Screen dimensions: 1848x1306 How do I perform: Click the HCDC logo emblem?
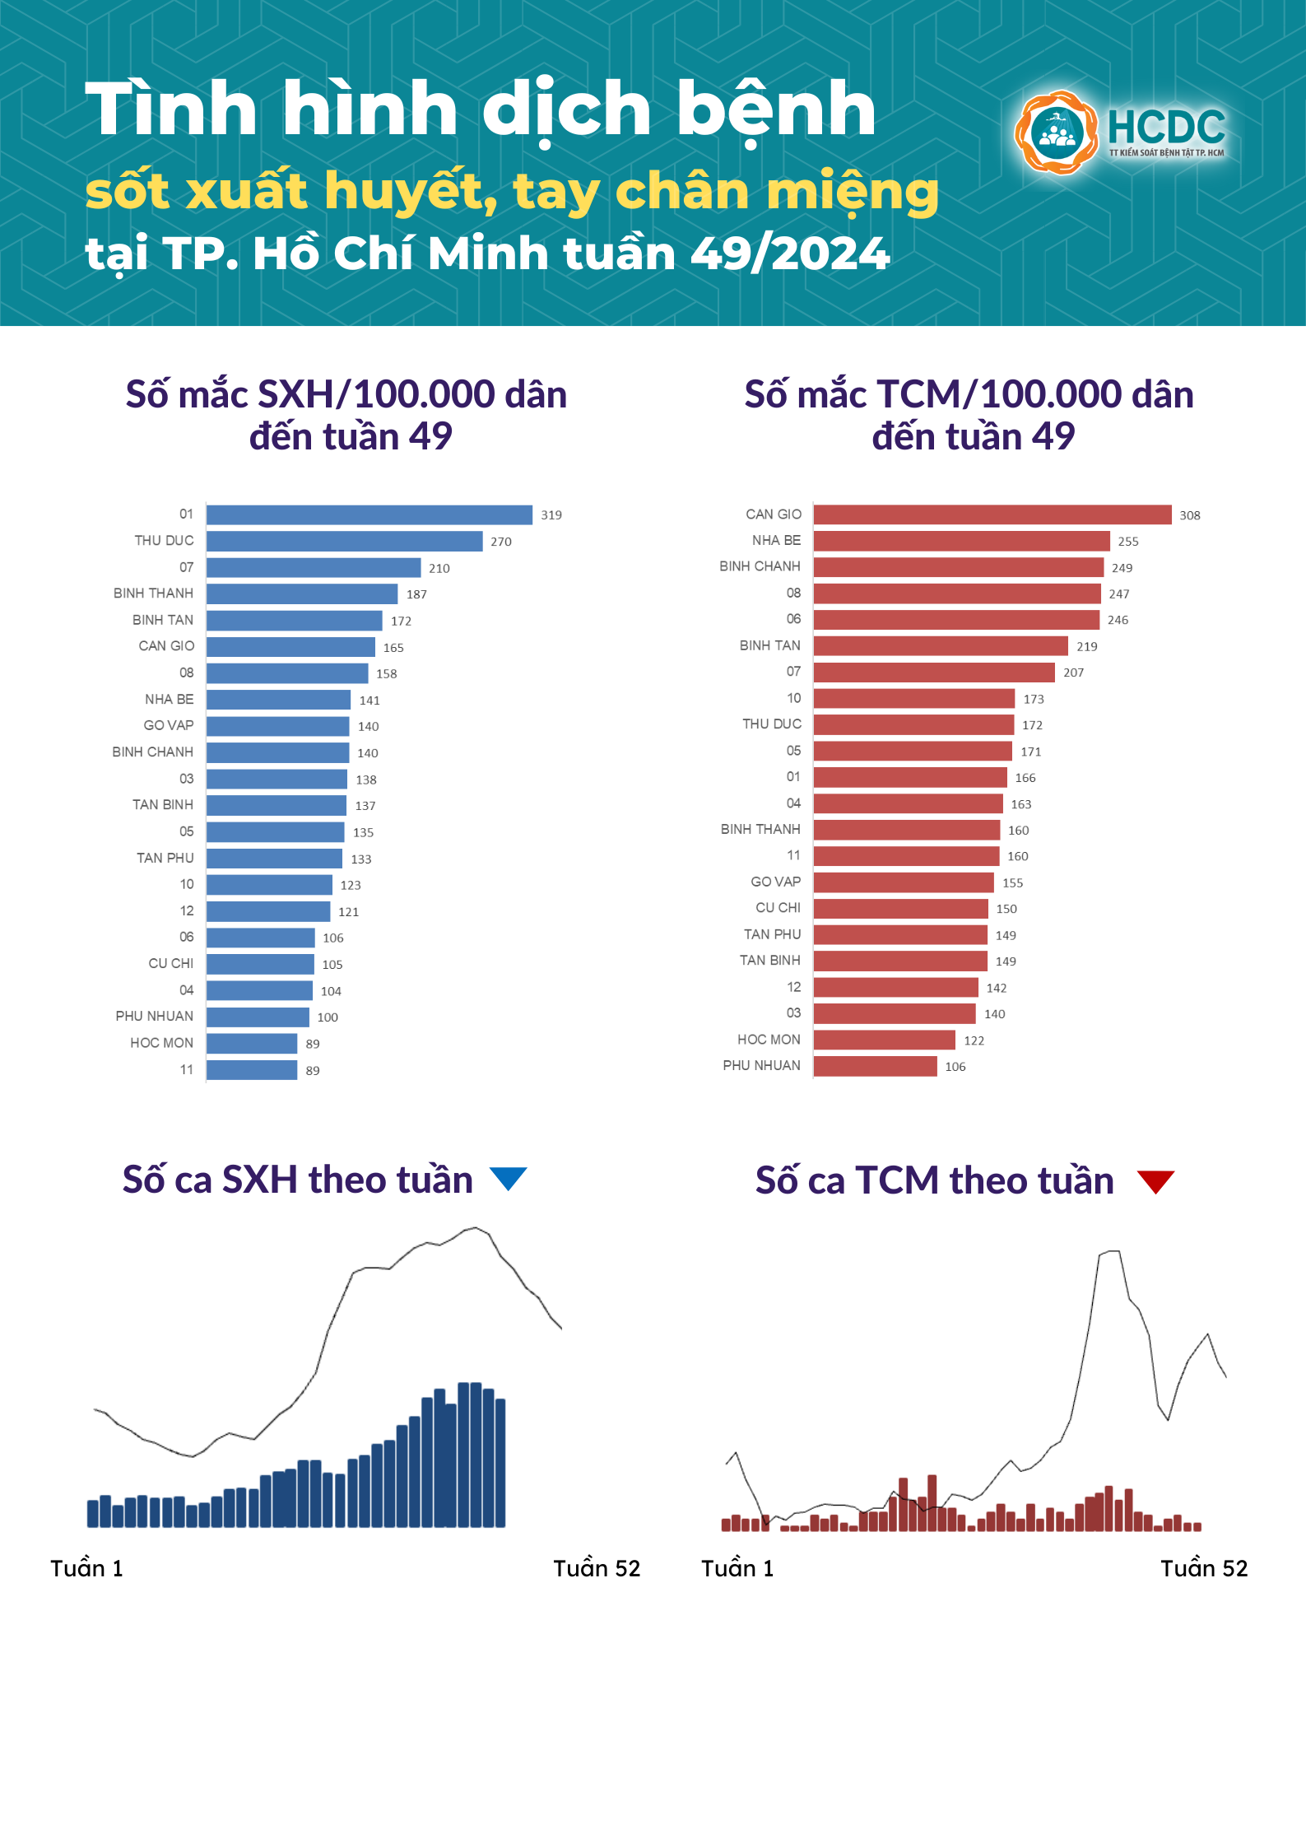pos(1056,133)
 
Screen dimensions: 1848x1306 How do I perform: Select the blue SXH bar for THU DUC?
pos(344,541)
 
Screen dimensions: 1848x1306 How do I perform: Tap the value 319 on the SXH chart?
pos(551,515)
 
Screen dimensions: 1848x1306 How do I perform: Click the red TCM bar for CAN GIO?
pos(992,514)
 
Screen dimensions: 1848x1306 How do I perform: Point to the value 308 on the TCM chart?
pos(1189,515)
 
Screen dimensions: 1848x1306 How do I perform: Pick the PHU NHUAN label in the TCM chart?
pos(761,1065)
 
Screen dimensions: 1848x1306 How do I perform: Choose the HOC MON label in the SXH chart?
pos(161,1043)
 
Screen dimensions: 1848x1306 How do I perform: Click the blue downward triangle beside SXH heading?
pos(508,1178)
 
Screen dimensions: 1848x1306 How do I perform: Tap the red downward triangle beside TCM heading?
pos(1155,1181)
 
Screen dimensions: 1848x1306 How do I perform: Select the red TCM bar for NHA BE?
pos(961,541)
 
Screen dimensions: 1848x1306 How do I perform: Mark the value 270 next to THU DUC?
pos(500,542)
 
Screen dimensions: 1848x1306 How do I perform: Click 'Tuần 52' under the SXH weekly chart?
pos(596,1568)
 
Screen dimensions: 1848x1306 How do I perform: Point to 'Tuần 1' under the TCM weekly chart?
pos(737,1568)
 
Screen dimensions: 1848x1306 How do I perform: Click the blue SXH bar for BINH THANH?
pos(302,594)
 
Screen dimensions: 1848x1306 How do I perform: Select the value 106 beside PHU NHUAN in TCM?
pos(955,1067)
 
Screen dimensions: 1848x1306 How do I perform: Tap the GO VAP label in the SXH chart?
pos(169,725)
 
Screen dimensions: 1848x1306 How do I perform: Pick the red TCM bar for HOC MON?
pos(884,1040)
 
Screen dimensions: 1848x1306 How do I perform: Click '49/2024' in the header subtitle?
pos(790,254)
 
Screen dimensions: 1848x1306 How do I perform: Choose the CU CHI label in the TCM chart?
pos(778,907)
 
